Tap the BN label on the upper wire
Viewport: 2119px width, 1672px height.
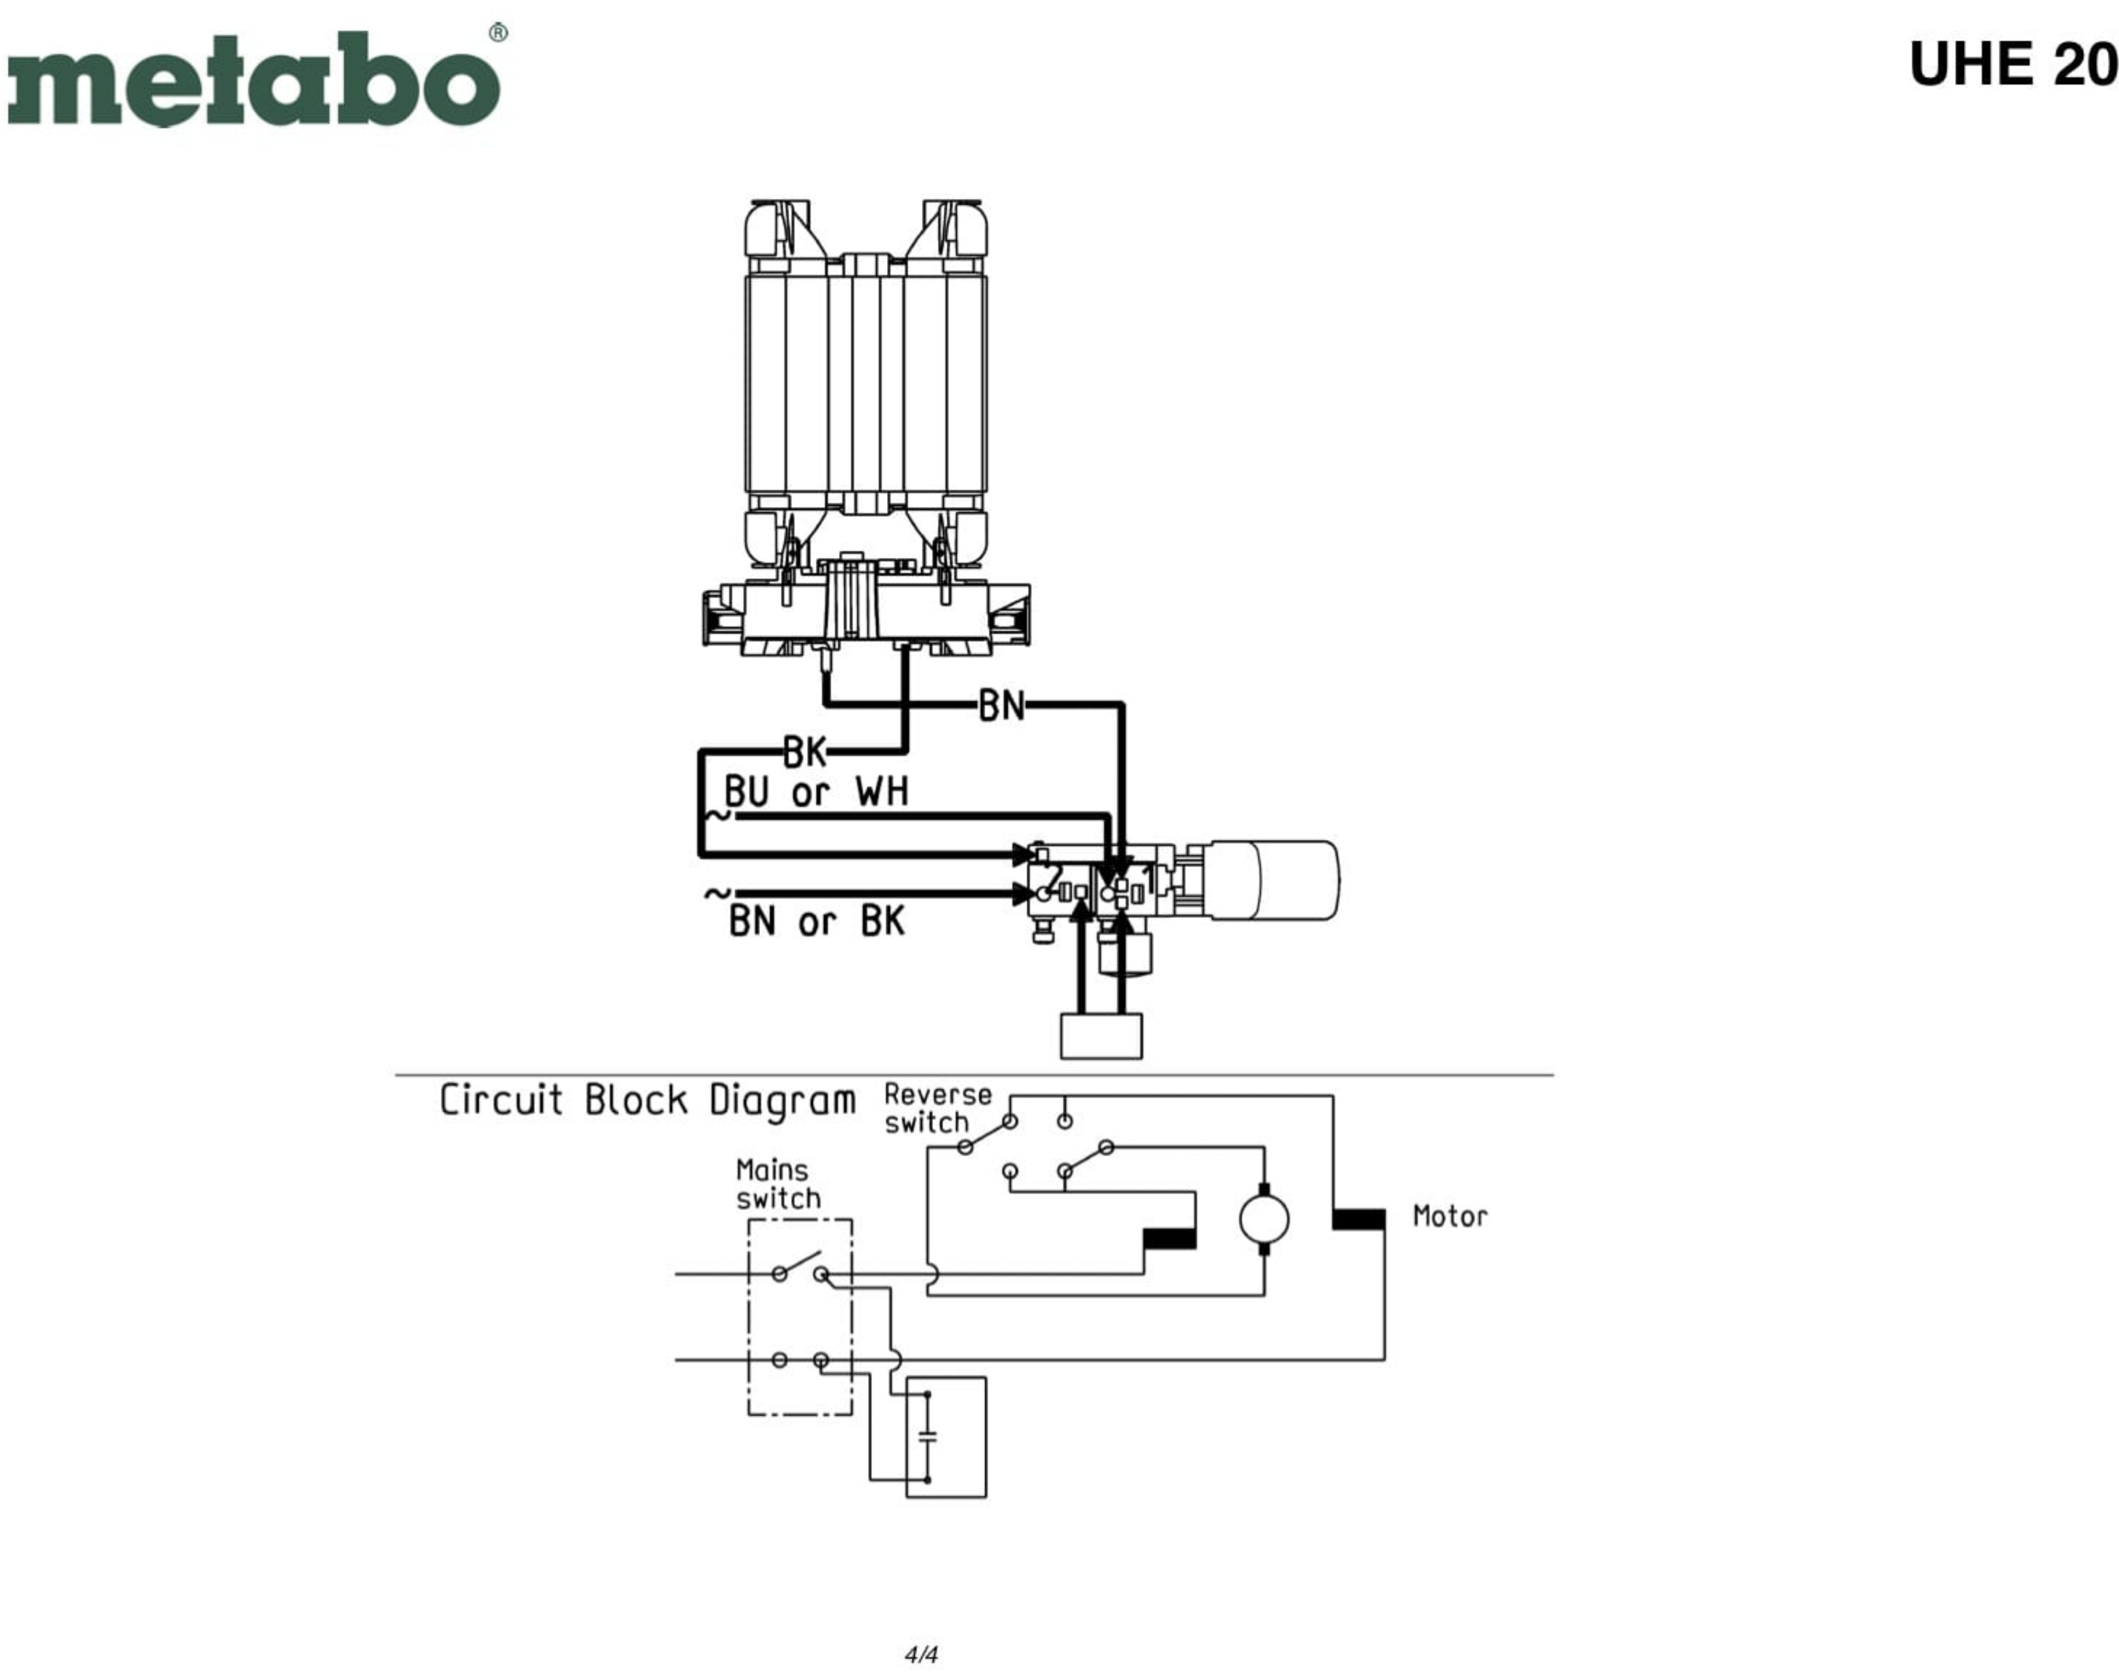coord(1001,706)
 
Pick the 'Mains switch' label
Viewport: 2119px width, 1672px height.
coord(778,1184)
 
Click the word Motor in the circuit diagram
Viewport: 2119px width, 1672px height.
coord(1449,1217)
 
